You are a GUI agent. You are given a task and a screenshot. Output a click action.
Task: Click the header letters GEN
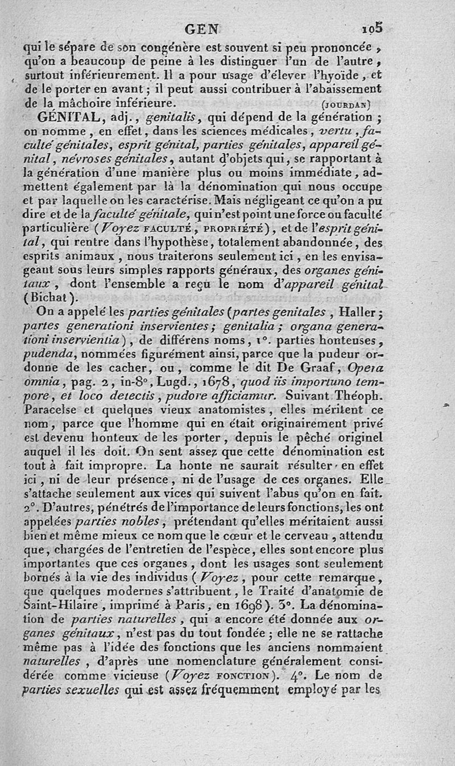coord(203,28)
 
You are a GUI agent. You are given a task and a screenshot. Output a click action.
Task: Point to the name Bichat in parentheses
coord(56,297)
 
